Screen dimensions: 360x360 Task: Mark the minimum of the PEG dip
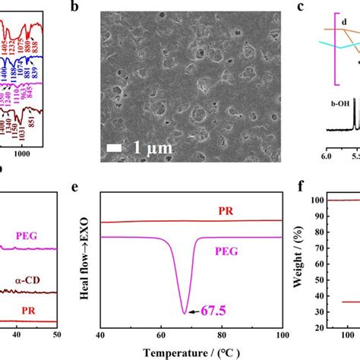pos(185,312)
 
